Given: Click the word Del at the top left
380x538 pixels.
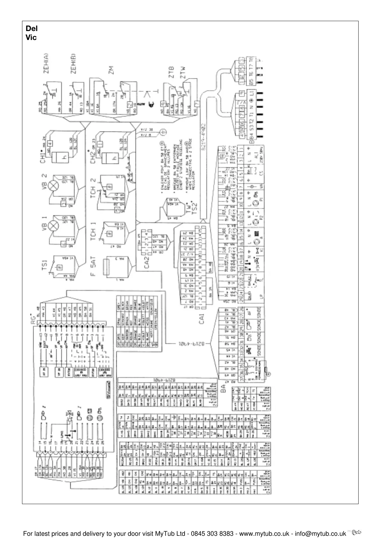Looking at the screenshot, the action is [x=31, y=29].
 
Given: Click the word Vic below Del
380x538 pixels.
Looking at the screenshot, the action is [x=31, y=37].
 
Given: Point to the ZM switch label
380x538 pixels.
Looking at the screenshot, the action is [x=111, y=70].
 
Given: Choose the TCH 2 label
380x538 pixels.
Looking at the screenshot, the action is [x=93, y=188].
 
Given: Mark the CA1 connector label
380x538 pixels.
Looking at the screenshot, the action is [x=201, y=319].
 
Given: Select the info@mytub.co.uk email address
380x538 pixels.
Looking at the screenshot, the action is [x=320, y=534].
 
